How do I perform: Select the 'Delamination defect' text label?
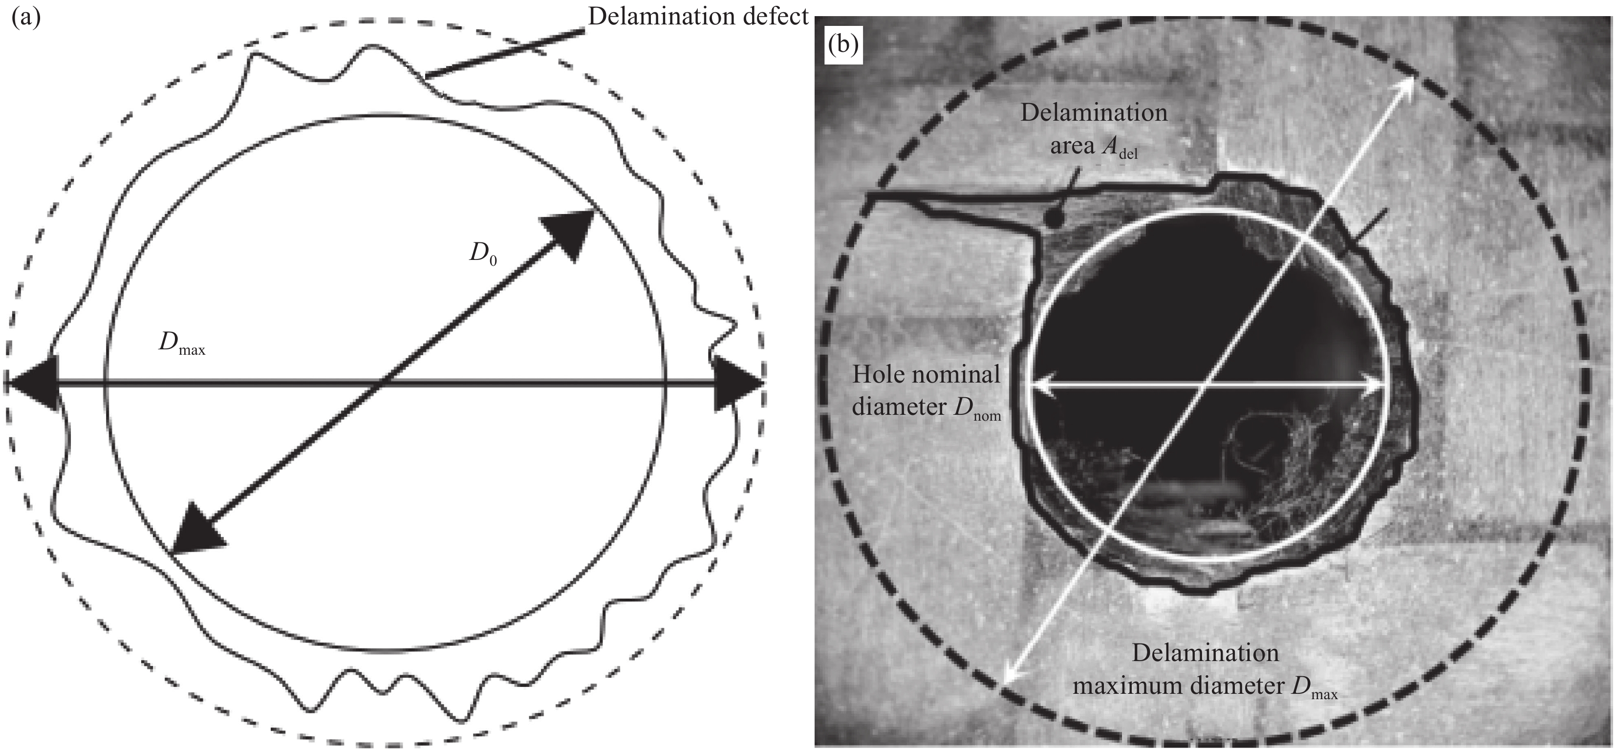pos(698,17)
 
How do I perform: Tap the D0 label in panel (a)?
pos(483,254)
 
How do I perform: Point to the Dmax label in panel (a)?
pos(181,343)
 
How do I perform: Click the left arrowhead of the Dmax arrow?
pos(31,382)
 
